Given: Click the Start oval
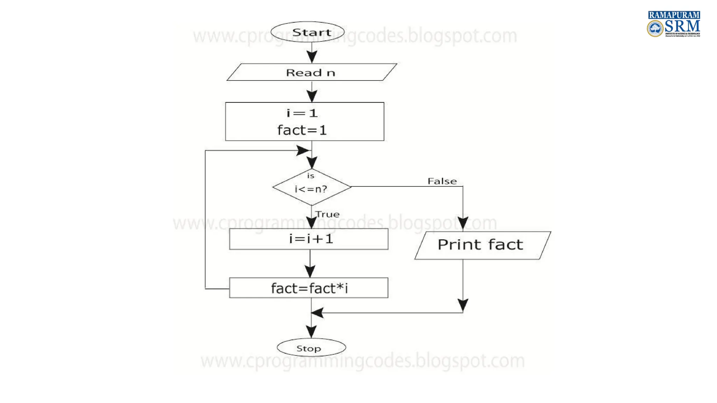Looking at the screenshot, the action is point(307,32).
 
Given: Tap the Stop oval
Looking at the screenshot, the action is point(311,348).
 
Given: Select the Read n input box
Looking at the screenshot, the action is point(312,72).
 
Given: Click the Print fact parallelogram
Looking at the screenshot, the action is point(482,245).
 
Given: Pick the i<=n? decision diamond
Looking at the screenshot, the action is point(312,187).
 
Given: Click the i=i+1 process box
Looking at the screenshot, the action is point(308,239).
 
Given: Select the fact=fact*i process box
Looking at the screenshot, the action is point(308,288).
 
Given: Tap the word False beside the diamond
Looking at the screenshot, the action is point(442,181).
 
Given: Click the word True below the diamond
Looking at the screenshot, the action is point(327,214).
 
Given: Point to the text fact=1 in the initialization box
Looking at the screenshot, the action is point(302,130).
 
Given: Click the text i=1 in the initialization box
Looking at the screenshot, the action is point(302,113).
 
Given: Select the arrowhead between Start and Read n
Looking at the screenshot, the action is point(312,56).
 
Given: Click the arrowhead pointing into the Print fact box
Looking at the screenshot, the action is point(463,223).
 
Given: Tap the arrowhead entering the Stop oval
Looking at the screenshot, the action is point(311,331).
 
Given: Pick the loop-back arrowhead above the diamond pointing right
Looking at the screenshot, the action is point(303,151).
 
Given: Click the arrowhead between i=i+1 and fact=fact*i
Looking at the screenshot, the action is point(310,270).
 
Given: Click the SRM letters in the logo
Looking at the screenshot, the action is point(682,26).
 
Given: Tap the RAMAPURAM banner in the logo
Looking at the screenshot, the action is point(674,15).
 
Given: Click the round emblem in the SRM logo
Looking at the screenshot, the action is point(655,28).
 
